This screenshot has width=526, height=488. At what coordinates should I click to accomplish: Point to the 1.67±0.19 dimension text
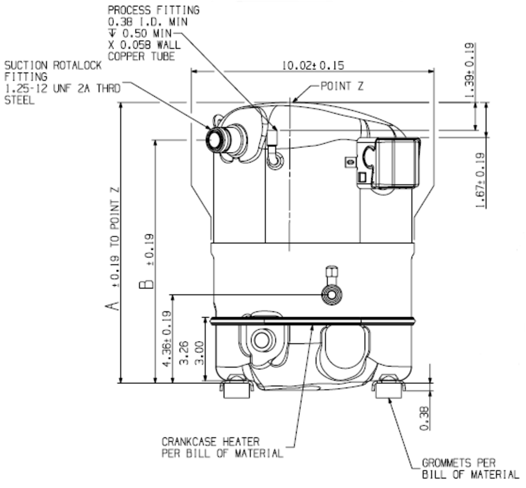click(x=480, y=179)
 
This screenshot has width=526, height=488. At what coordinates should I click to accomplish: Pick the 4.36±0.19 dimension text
click(x=166, y=348)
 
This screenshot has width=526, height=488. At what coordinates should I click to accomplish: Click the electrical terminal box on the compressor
click(x=394, y=163)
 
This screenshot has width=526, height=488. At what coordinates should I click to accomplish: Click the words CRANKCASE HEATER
click(x=210, y=442)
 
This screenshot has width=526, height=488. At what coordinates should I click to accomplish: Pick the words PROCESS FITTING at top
click(x=153, y=10)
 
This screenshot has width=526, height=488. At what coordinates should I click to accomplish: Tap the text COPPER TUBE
click(x=141, y=56)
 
